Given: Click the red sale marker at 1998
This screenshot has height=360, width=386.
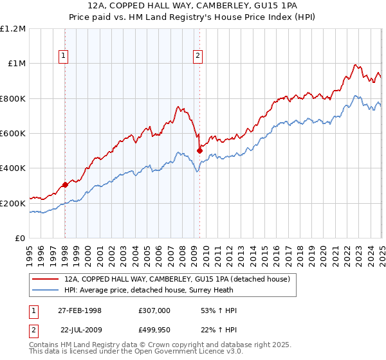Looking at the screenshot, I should pyautogui.click(x=65, y=185).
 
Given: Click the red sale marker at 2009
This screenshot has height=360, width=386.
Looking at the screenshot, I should pyautogui.click(x=199, y=151).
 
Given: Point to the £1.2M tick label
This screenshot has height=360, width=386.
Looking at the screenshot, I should pyautogui.click(x=13, y=29).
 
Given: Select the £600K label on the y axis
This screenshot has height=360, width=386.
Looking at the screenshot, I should pyautogui.click(x=13, y=134).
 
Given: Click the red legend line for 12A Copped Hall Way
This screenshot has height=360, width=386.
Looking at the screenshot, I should pyautogui.click(x=46, y=280).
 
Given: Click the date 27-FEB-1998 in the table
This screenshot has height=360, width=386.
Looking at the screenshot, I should pyautogui.click(x=80, y=310).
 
